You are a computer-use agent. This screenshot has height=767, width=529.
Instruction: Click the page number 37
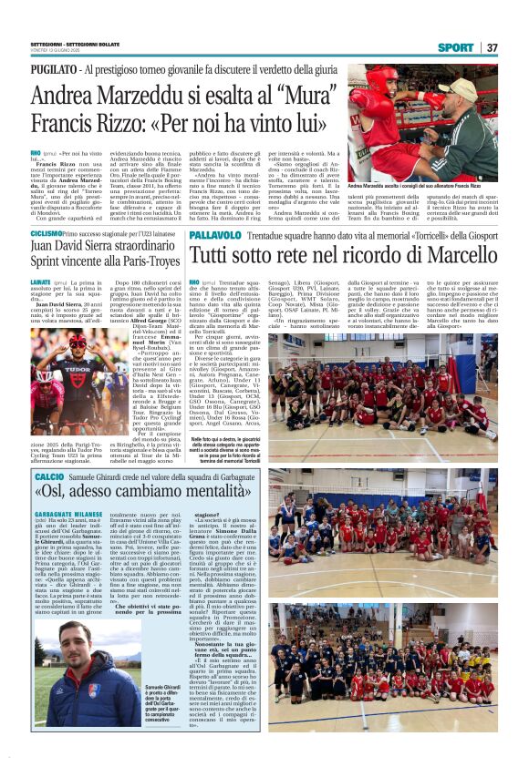[x=493, y=47]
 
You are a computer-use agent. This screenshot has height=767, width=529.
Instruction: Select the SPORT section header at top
[x=455, y=47]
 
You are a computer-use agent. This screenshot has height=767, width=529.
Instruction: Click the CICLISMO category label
[x=47, y=234]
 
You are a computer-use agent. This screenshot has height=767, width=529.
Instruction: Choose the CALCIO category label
[x=49, y=477]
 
